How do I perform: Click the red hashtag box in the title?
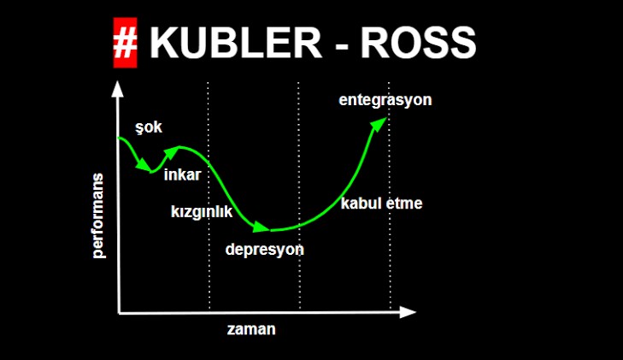125,43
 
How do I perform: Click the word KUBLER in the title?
235,43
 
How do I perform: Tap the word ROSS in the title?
419,43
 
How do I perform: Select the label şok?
149,127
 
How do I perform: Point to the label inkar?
182,174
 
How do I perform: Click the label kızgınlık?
202,212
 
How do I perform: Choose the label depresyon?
265,250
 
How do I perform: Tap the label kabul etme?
381,204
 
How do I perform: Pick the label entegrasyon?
385,100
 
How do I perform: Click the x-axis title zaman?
251,329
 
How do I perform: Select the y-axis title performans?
97,215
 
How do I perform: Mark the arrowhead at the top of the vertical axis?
118,89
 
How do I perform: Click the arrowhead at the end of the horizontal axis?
408,312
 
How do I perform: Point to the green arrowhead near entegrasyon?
379,123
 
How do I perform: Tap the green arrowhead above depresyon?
261,227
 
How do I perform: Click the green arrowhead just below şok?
143,164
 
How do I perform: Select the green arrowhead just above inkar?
172,153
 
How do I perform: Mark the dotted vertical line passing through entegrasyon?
390,196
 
